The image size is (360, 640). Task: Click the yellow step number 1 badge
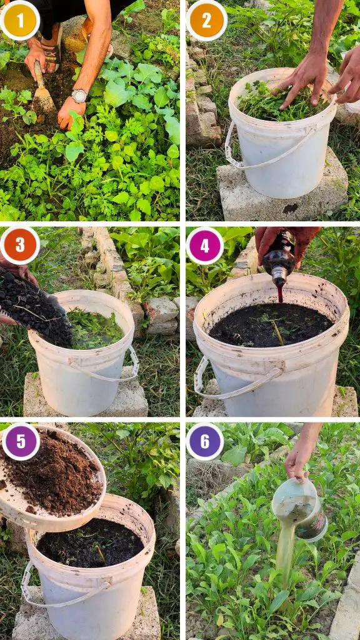[x=20, y=21]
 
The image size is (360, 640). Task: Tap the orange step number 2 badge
[x=206, y=21]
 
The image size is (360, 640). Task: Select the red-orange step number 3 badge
[x=20, y=245]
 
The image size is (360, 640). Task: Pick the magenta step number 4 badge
[x=204, y=246]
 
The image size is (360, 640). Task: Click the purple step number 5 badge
[x=21, y=442]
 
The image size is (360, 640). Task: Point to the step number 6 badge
[x=204, y=441]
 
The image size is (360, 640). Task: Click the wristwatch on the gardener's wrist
[x=79, y=96]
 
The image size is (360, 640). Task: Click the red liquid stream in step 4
[x=279, y=294]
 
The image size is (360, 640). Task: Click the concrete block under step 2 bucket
[x=282, y=192]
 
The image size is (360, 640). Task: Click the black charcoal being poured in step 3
[x=35, y=306]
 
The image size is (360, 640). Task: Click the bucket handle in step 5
[x=61, y=592]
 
